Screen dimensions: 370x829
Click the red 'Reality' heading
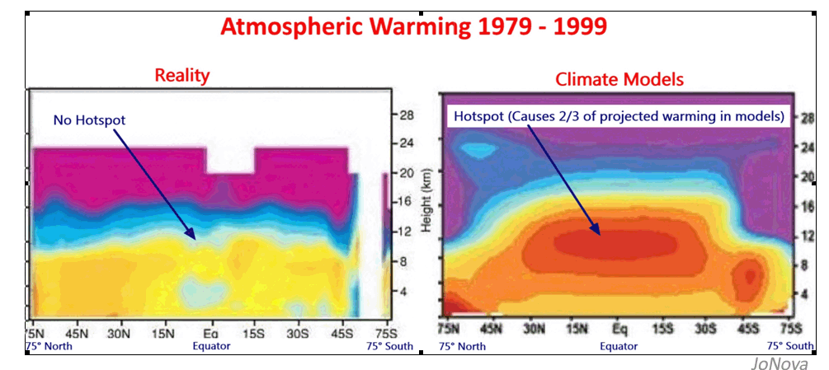tap(182, 76)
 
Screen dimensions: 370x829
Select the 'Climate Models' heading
tap(619, 79)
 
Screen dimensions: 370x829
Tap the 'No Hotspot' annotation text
tap(89, 120)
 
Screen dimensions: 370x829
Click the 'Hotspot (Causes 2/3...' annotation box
tap(618, 116)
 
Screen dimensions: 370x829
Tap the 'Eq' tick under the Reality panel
tap(210, 333)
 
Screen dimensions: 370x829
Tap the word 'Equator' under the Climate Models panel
tap(619, 346)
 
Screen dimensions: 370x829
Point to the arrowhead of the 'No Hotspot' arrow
tap(192, 237)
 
